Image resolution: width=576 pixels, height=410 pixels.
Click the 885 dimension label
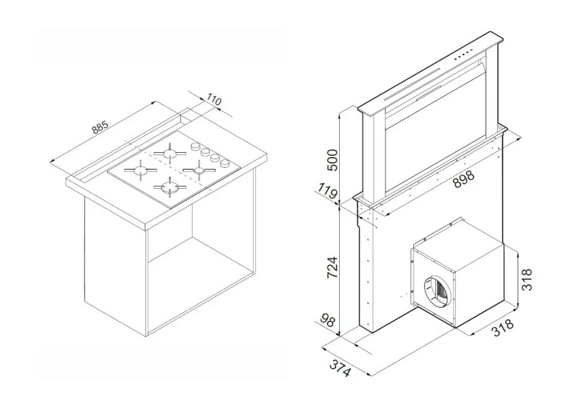100,127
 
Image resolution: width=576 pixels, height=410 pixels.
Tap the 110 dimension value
214,99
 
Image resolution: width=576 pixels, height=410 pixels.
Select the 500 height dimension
332,160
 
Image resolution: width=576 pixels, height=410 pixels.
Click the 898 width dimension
464,180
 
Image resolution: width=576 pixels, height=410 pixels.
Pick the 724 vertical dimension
332,267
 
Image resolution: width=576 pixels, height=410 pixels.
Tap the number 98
327,320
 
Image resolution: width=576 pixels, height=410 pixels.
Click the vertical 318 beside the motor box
527,280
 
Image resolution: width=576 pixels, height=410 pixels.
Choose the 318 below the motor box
502,328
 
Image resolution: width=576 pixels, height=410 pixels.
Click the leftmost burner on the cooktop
140,170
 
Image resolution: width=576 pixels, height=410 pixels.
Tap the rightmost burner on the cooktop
199,170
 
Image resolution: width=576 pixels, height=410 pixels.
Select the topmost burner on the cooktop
170,153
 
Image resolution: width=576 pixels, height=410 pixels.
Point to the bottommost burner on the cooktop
170,188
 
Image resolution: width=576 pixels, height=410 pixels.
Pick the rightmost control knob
224,163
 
